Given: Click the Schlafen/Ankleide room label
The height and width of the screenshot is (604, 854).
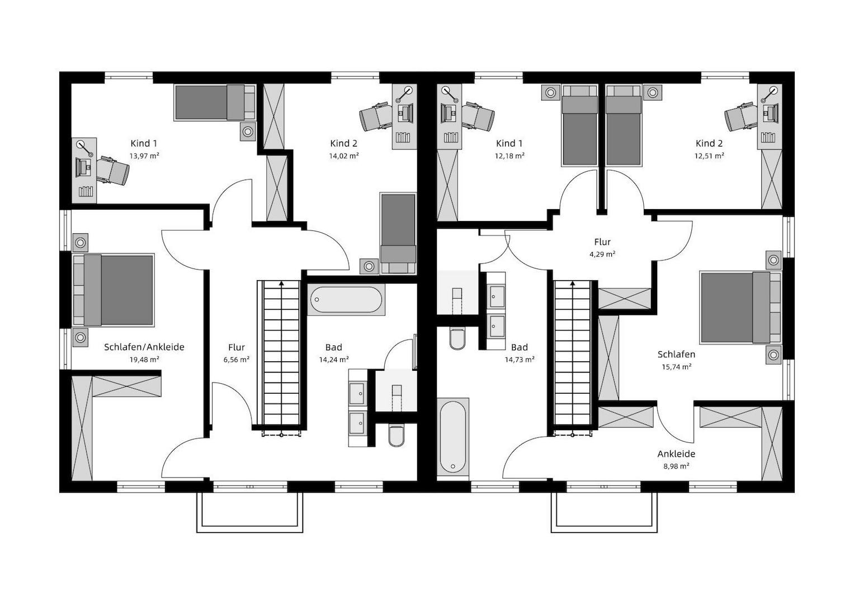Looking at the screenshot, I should point(144,347).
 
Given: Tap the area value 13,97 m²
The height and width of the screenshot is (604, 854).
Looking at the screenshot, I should point(144,156).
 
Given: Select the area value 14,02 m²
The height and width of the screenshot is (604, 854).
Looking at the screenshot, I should point(343,156).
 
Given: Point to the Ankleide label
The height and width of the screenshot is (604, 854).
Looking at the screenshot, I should point(676,454).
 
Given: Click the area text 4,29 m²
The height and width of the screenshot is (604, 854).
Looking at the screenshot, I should point(602,254).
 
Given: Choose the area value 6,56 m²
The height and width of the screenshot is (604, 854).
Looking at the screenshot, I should point(236,360).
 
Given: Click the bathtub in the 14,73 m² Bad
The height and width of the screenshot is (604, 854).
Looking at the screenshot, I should point(452,437).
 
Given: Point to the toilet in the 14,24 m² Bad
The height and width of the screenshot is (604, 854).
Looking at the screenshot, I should point(396,436).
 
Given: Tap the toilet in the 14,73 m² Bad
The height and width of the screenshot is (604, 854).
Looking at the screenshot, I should point(457,338).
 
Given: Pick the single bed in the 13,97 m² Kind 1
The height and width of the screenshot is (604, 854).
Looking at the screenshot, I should point(214,103).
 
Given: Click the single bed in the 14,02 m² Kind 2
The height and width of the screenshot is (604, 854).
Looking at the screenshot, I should point(398,233).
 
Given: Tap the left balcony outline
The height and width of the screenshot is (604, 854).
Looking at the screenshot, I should point(249,512).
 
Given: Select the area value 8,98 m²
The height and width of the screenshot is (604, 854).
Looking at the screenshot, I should point(676,466).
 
